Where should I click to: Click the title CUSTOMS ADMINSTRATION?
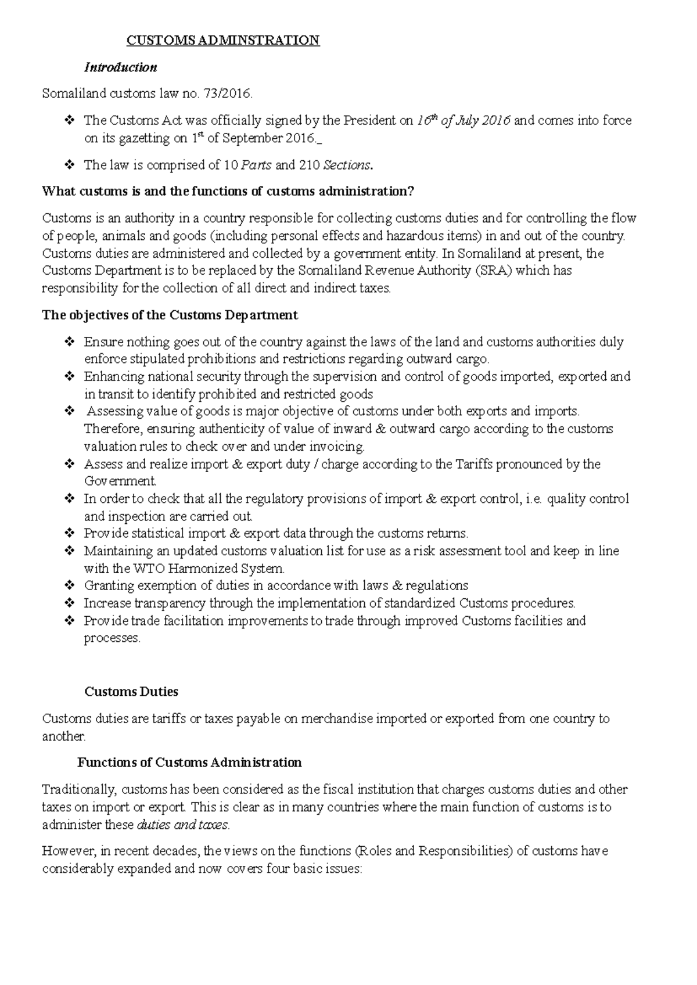click(223, 41)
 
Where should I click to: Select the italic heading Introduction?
click(120, 67)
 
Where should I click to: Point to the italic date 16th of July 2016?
click(463, 121)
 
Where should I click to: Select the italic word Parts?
click(256, 165)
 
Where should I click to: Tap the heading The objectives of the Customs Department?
click(170, 315)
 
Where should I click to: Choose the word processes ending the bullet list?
click(112, 638)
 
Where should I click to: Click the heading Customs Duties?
click(131, 692)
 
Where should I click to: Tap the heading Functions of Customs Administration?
click(189, 763)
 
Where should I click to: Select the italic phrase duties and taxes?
click(182, 825)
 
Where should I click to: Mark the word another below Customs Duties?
click(63, 737)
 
